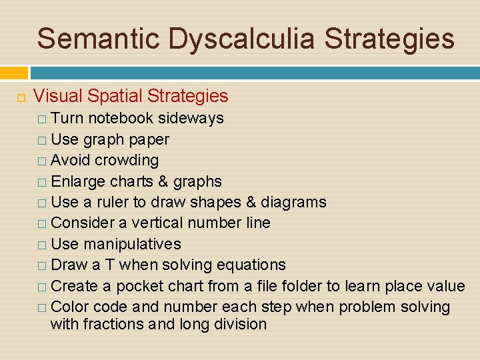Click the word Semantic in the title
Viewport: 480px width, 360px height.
click(99, 39)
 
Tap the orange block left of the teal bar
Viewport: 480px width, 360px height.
click(14, 73)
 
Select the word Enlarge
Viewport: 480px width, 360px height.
click(78, 181)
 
